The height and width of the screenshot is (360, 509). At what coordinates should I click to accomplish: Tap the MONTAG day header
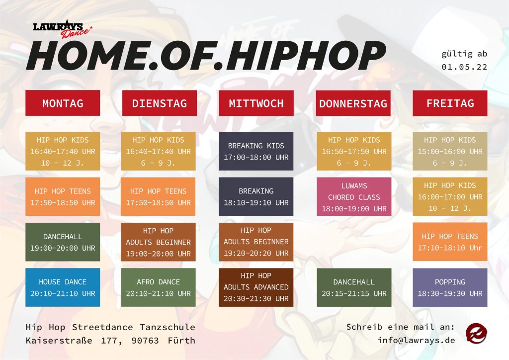(x=63, y=103)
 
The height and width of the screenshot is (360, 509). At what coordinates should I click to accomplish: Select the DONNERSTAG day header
(x=353, y=103)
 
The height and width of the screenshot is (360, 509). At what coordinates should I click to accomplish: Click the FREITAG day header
(x=450, y=103)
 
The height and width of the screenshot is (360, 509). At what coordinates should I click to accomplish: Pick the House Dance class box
(x=63, y=287)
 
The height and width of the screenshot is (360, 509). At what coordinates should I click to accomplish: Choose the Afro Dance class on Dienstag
(x=159, y=287)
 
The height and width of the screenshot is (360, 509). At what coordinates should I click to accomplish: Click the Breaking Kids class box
(x=256, y=151)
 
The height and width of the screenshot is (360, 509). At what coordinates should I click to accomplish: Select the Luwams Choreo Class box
(x=354, y=197)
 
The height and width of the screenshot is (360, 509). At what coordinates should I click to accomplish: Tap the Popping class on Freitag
(x=450, y=287)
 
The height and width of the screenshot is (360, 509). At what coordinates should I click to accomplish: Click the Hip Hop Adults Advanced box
(x=256, y=287)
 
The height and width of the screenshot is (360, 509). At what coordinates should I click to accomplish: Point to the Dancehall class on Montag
(x=63, y=242)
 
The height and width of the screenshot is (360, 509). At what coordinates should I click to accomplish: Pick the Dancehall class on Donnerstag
(x=354, y=287)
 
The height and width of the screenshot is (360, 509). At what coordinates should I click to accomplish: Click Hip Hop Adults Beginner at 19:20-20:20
(x=256, y=242)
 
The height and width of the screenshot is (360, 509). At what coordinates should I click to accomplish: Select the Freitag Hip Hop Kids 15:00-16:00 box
(x=450, y=151)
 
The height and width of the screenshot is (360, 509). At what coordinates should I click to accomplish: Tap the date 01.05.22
(x=464, y=67)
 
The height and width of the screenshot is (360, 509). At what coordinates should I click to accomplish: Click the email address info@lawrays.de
(x=416, y=340)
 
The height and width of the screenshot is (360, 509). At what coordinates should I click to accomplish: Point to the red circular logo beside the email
(x=476, y=333)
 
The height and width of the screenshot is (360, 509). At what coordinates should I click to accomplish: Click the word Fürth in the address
(x=181, y=341)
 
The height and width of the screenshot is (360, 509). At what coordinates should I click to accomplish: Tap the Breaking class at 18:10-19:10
(x=256, y=197)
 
